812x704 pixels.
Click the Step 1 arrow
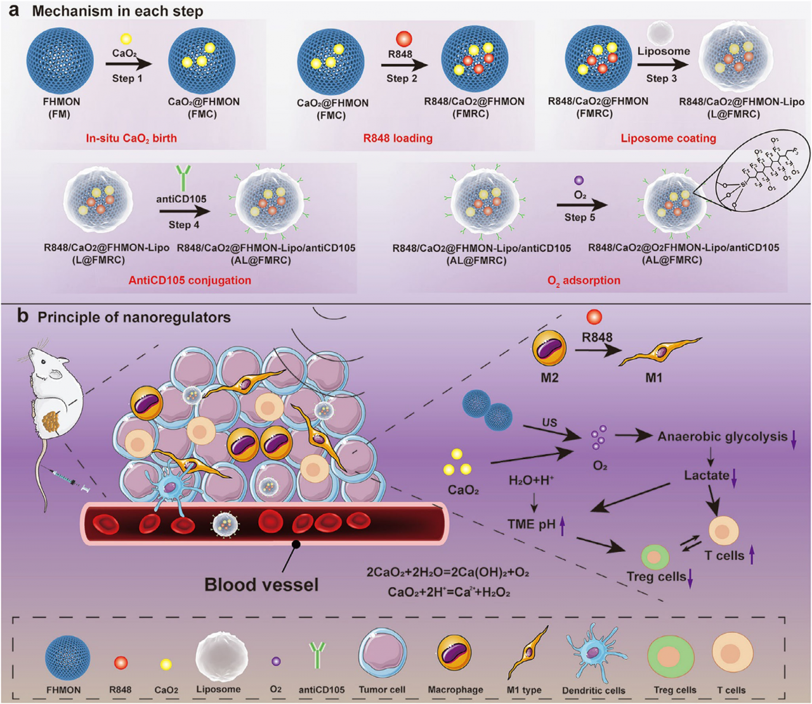pos(129,64)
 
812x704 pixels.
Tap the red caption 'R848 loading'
pos(398,138)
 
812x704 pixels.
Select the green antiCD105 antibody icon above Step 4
pos(183,178)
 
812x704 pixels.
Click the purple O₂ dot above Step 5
pos(579,181)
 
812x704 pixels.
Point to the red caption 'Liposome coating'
pos(668,138)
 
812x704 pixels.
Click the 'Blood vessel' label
pos(261,584)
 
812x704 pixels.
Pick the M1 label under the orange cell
pos(653,377)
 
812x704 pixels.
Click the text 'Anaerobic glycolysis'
pos(722,436)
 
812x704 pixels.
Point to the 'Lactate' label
pos(706,475)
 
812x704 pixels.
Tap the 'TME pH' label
pos(531,524)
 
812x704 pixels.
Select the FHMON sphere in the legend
pos(67,658)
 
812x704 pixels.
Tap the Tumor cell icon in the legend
pos(383,656)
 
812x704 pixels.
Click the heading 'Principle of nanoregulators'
pos(134,317)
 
